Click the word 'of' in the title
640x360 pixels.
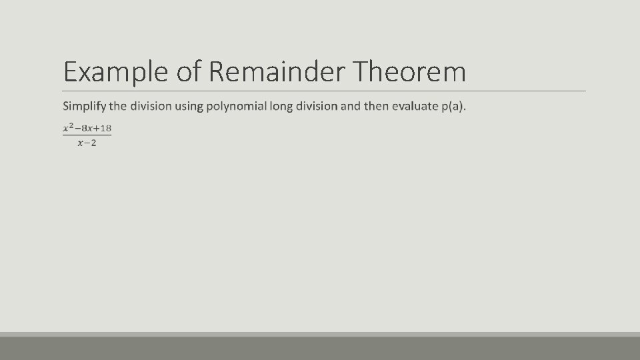(x=189, y=72)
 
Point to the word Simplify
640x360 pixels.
(x=84, y=107)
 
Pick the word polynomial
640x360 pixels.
(x=235, y=107)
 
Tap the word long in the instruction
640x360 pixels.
(x=281, y=107)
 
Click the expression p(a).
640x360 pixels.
(x=453, y=107)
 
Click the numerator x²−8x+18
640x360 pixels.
(x=87, y=128)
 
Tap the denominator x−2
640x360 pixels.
(x=87, y=143)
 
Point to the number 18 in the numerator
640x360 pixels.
(x=105, y=128)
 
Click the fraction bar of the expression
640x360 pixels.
(x=87, y=135)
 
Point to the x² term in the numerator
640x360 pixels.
(x=67, y=128)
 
